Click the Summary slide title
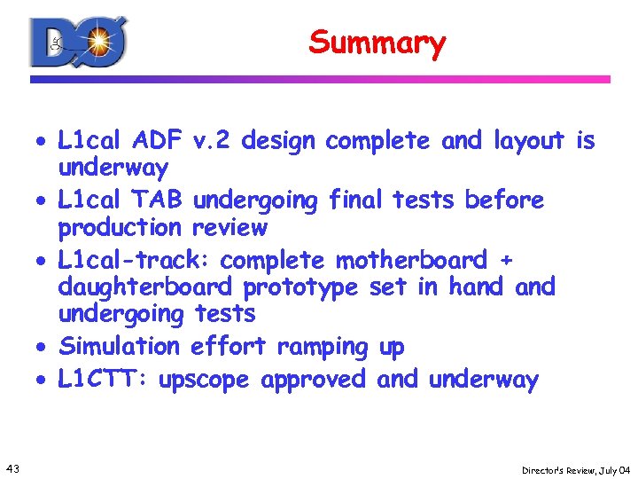pos(377,42)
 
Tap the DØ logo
pos(79,42)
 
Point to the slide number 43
pos(13,467)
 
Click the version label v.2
pos(213,140)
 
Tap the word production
pos(119,227)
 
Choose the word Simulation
pos(119,346)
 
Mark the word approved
pos(315,381)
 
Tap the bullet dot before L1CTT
pos(42,381)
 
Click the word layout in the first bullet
pos(528,141)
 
